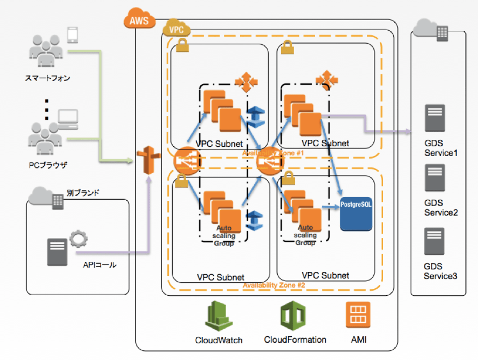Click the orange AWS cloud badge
pyautogui.click(x=139, y=21)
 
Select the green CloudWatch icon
pyautogui.click(x=218, y=317)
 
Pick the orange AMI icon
pyautogui.click(x=357, y=315)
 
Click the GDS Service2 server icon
pyautogui.click(x=434, y=179)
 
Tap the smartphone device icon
pyautogui.click(x=73, y=35)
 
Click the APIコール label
pyautogui.click(x=100, y=265)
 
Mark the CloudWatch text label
pyautogui.click(x=218, y=341)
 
